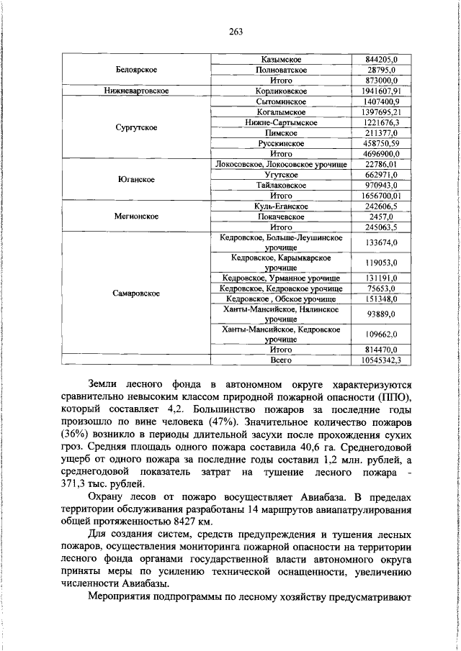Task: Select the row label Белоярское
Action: tap(136, 70)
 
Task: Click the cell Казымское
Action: tap(282, 58)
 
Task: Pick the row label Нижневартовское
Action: tap(136, 92)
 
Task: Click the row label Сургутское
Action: tap(136, 128)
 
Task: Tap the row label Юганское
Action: tap(136, 179)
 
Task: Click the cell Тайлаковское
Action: tap(282, 185)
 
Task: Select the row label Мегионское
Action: tap(136, 216)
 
